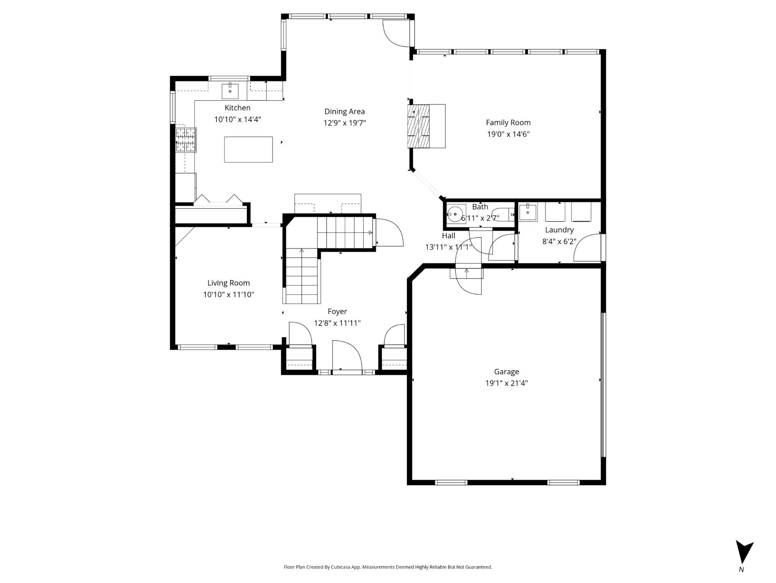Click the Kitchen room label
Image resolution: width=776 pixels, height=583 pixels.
237,108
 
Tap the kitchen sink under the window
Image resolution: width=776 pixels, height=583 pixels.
230,91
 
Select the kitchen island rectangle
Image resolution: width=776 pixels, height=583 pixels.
248,150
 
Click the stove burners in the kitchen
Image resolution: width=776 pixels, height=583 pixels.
186,140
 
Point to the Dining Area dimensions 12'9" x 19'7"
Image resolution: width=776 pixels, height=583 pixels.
344,123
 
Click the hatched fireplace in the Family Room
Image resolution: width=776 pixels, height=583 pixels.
419,126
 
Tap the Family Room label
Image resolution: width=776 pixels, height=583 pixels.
508,123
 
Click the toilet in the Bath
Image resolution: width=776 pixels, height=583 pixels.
506,214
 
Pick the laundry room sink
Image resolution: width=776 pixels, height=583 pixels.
528,212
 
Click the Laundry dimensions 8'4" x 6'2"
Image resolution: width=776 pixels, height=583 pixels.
559,241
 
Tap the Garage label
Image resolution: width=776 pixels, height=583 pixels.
506,372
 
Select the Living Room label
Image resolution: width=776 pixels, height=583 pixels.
228,283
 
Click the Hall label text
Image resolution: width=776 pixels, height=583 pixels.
448,236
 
